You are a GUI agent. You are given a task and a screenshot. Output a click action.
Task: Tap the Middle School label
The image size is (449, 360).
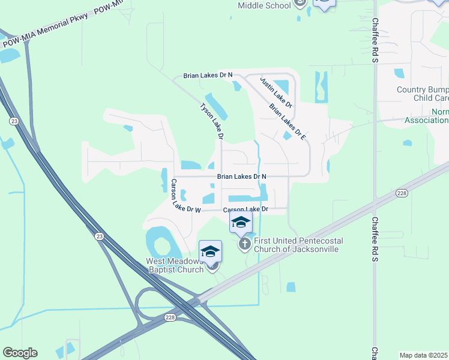[264, 5]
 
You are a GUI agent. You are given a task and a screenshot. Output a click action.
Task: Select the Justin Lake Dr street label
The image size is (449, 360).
[276, 92]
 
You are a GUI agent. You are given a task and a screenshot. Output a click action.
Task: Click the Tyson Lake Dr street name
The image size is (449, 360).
[212, 121]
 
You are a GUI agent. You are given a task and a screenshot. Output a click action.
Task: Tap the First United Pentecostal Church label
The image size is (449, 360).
[297, 245]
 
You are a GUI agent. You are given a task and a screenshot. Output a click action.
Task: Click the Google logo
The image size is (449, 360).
[20, 353]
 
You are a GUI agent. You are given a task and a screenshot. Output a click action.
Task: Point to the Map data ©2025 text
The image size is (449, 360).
[424, 355]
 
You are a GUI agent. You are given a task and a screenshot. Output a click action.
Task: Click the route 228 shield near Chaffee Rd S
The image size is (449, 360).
[402, 193]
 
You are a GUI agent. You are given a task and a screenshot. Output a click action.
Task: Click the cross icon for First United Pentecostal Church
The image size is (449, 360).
[244, 244]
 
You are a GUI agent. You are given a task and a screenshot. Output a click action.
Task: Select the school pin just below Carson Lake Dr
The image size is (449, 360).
[241, 222]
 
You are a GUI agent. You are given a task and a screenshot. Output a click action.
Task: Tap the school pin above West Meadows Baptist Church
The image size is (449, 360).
[211, 251]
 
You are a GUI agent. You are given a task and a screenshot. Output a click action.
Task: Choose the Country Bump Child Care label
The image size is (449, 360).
[423, 94]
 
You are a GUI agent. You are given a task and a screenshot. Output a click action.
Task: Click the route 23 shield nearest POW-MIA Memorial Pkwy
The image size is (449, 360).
[13, 121]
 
